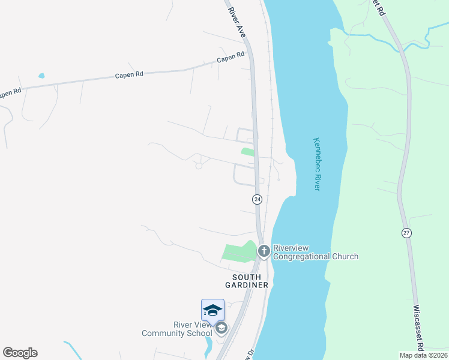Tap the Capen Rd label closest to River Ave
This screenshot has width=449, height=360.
tap(231, 58)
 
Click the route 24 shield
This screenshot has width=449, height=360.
tap(257, 199)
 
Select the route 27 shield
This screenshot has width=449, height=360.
tap(406, 233)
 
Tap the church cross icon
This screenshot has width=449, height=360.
tap(263, 251)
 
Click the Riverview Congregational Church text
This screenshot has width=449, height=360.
tap(315, 252)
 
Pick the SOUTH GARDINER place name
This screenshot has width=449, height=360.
tap(247, 281)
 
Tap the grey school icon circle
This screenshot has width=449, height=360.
tap(221, 328)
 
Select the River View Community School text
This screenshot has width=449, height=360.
tap(177, 329)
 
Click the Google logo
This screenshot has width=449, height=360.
tap(20, 353)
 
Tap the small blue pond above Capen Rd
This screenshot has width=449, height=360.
tap(41, 76)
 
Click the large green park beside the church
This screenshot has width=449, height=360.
tap(239, 252)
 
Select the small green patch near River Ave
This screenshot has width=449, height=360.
tap(247, 152)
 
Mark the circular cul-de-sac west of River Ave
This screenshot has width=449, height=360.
tap(198, 166)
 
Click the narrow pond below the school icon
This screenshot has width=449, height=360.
tap(209, 346)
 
